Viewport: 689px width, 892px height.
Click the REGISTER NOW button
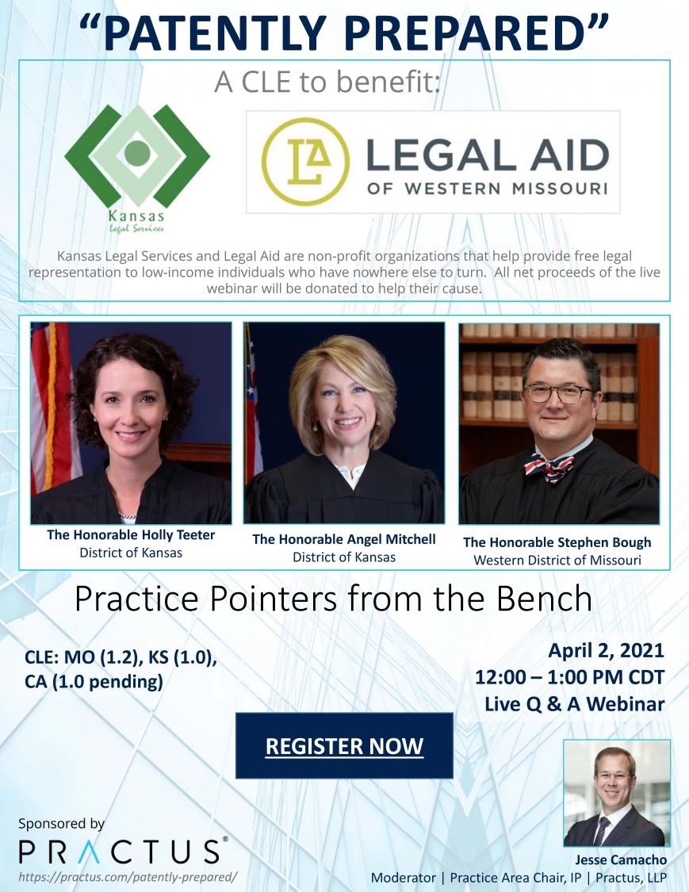(344, 745)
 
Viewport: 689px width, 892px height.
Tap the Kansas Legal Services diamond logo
(137, 155)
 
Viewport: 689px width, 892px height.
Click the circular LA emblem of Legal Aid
(305, 162)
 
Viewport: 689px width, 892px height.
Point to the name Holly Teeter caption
(131, 534)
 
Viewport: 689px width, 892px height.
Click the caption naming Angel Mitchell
(344, 539)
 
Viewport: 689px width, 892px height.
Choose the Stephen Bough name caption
(557, 542)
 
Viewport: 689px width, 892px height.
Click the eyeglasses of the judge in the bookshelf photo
(558, 393)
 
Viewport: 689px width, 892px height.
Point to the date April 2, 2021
(606, 651)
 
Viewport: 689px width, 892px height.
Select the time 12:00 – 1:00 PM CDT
(569, 678)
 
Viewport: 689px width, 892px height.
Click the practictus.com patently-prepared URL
(128, 877)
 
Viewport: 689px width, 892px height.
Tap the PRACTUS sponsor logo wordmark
(123, 851)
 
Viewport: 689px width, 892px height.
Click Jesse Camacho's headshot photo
(617, 793)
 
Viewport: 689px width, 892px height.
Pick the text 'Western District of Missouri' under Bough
(557, 561)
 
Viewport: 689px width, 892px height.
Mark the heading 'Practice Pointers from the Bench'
(334, 599)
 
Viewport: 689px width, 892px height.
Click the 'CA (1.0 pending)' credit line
(94, 682)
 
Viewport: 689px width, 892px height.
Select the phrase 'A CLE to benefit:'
(327, 82)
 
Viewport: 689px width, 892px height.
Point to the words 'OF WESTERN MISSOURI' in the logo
(488, 188)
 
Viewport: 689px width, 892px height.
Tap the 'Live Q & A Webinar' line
(575, 704)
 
